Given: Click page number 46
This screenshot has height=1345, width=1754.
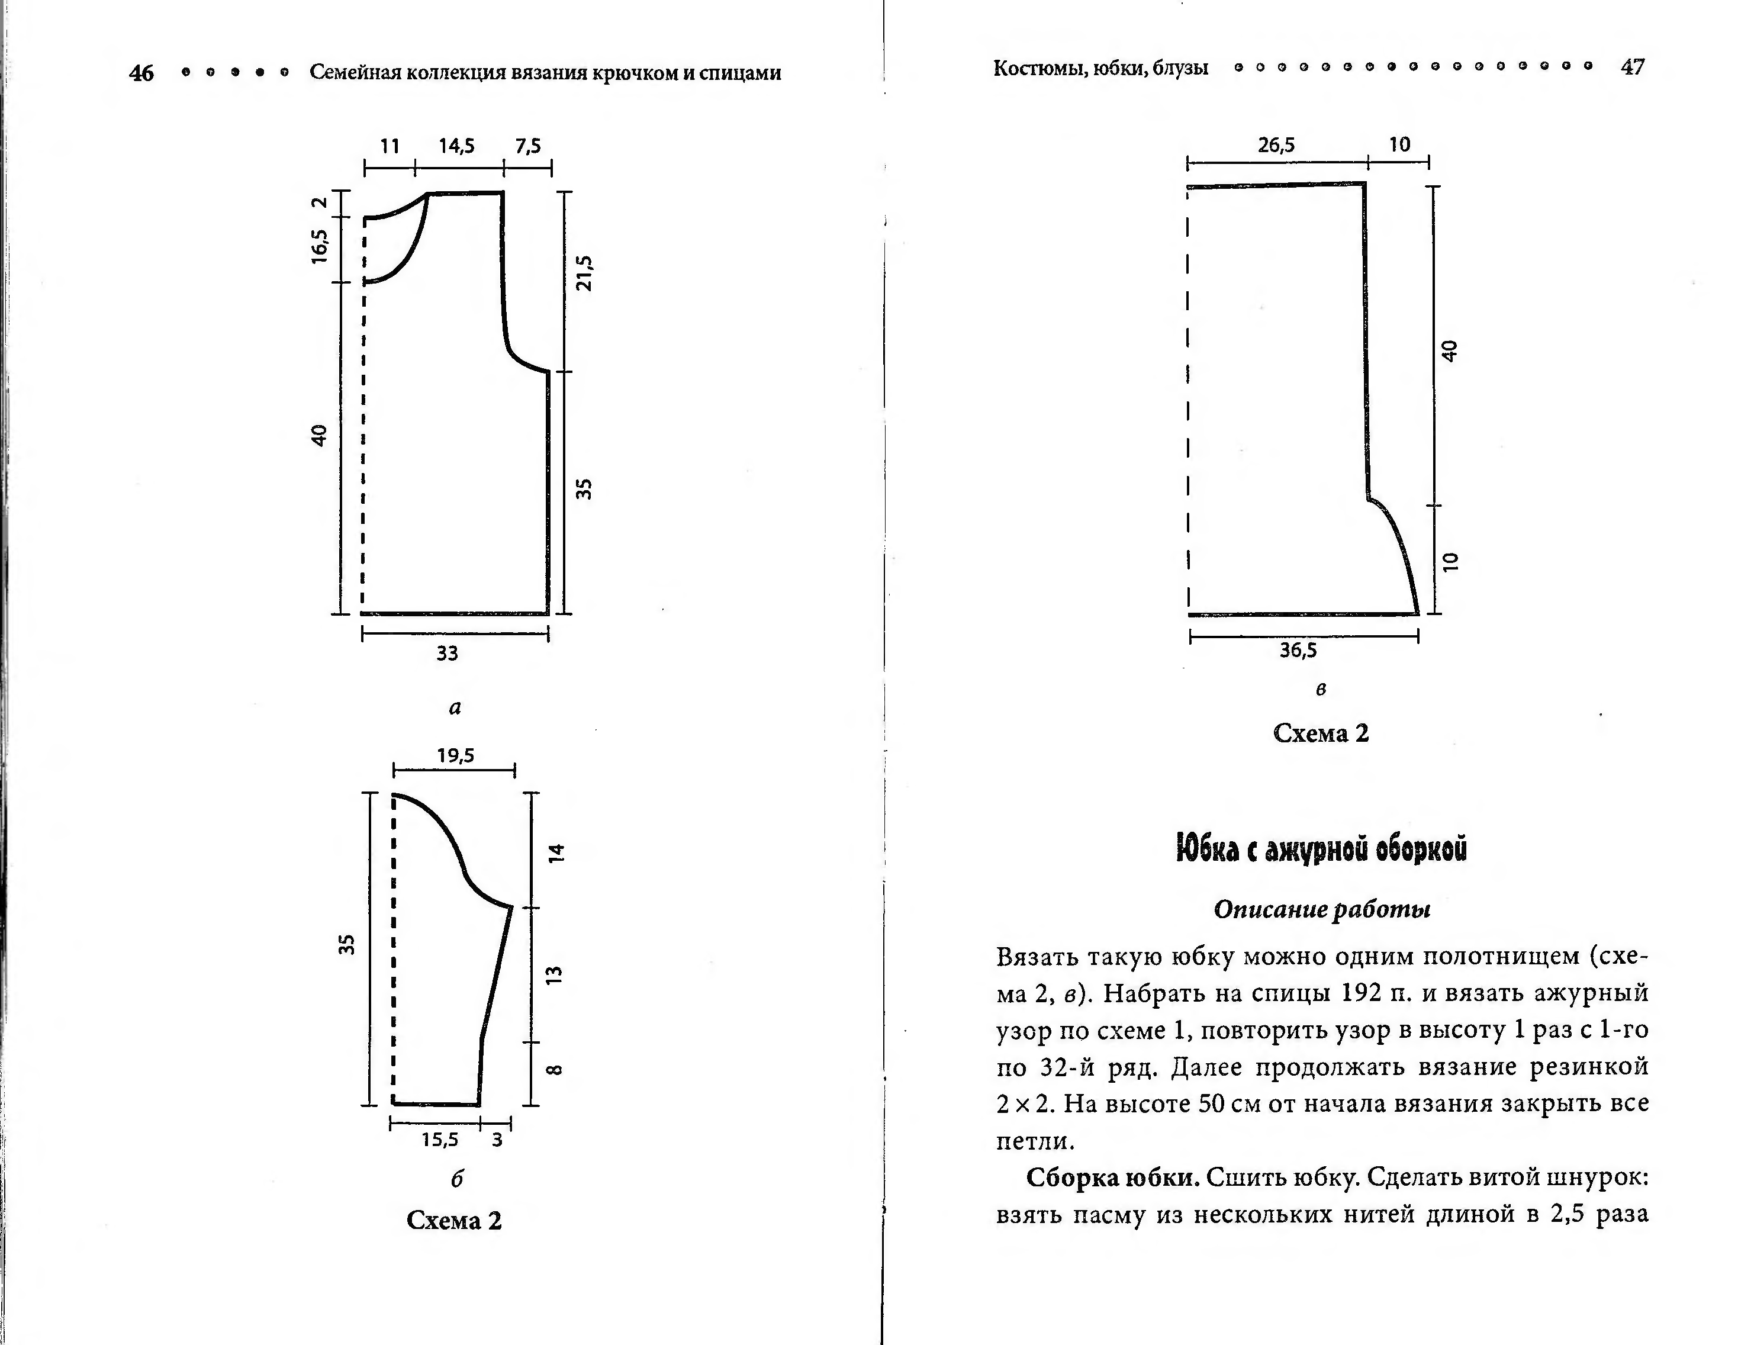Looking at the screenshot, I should (141, 73).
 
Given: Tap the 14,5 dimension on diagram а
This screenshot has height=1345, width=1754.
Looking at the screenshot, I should (456, 146).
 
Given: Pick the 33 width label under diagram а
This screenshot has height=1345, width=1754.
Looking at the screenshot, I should (447, 654).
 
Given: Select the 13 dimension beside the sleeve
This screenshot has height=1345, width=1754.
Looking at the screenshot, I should (555, 975).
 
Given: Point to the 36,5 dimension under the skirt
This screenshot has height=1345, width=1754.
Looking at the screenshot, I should (1298, 650).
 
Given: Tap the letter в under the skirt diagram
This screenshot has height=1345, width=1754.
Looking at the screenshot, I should (1321, 688).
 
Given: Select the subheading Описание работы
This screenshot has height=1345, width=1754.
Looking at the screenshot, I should (1322, 909).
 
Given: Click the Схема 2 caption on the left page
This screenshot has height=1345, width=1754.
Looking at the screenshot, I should (454, 1220).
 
